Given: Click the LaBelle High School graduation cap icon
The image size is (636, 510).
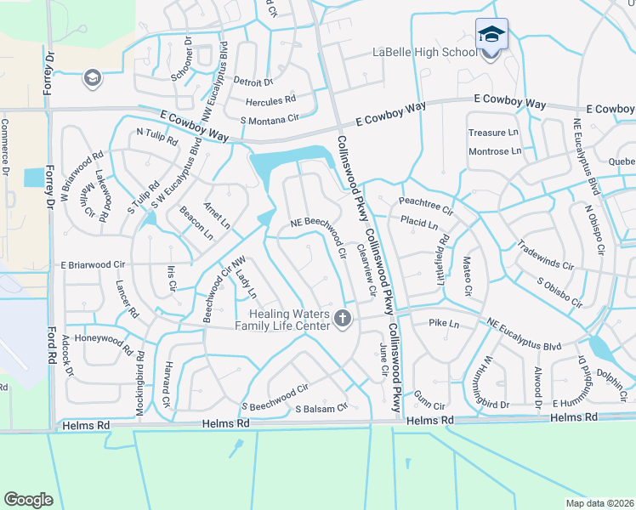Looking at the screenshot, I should pyautogui.click(x=491, y=34).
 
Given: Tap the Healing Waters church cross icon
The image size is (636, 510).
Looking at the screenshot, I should pyautogui.click(x=343, y=319).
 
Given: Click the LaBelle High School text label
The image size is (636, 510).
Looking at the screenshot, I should pyautogui.click(x=425, y=53).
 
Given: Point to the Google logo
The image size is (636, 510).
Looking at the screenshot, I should pyautogui.click(x=28, y=500).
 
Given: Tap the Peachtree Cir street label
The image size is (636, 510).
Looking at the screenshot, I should pyautogui.click(x=426, y=204).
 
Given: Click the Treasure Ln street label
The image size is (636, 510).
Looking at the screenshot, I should pyautogui.click(x=493, y=133).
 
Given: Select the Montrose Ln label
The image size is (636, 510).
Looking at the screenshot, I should pyautogui.click(x=495, y=151).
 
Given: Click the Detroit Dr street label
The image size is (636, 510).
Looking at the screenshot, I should pyautogui.click(x=252, y=82).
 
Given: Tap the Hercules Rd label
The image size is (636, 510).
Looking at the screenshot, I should pyautogui.click(x=270, y=101).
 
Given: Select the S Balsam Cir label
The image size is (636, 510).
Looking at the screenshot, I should pyautogui.click(x=321, y=408).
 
